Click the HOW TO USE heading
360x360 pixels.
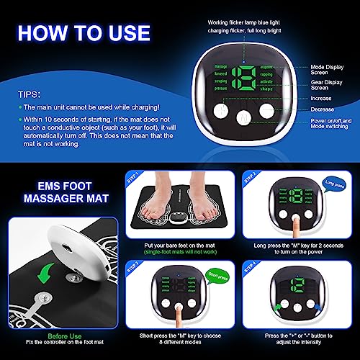pos(85,33)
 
